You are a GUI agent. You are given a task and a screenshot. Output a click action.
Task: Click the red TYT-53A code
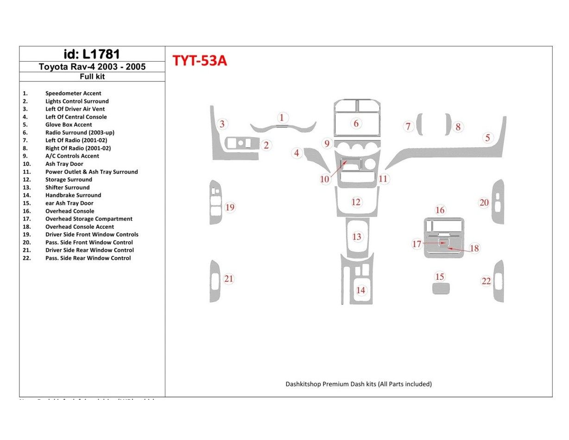coord(200,61)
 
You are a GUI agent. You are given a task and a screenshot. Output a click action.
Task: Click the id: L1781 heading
coord(92,54)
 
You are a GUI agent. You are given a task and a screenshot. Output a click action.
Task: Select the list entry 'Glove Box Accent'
coord(69,125)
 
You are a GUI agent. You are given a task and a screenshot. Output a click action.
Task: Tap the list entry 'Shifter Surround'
coord(67,187)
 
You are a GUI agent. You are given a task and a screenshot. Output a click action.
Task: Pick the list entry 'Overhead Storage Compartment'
coord(89,219)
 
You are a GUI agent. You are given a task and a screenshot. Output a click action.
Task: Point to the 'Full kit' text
coord(92,76)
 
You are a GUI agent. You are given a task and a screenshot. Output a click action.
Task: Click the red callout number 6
coord(356,123)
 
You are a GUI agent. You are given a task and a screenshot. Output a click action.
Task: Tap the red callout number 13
coord(356,237)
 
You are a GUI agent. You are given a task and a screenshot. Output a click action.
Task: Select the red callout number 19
coord(230,207)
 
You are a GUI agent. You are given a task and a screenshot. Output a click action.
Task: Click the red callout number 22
coord(486,281)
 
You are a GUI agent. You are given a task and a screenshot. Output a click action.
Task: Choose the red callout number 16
coord(440,210)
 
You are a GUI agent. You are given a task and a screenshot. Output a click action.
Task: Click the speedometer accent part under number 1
coord(283,127)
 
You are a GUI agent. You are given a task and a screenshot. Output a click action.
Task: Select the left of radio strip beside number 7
coord(419,124)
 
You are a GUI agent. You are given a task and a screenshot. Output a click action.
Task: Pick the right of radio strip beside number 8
coord(448,124)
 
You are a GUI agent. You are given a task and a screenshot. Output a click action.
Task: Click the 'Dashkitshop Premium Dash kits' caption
coord(358,384)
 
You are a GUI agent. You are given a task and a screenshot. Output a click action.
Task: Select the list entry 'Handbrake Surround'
coord(73,195)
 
